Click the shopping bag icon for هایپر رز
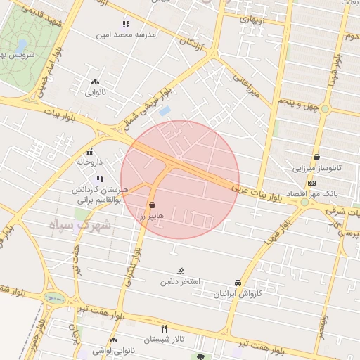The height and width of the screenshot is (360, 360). pos(152,205)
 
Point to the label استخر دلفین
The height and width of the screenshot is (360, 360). pos(180,281)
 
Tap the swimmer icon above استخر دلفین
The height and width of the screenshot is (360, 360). pos(181,271)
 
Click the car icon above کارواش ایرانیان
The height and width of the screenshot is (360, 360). pos(238,283)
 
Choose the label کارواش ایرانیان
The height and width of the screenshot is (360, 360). pos(238,293)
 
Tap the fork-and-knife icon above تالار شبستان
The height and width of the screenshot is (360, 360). pos(165,328)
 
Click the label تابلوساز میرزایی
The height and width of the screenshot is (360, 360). pos(318,169)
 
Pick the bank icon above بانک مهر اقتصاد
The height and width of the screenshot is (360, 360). pos(312,183)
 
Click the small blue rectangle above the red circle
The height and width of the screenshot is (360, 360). pos(165,111)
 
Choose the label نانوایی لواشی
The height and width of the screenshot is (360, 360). pos(103,349)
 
